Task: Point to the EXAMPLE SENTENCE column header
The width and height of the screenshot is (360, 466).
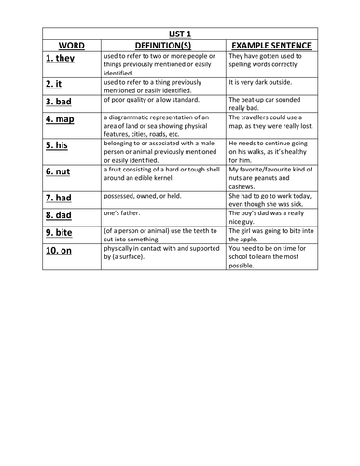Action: click(271, 44)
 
